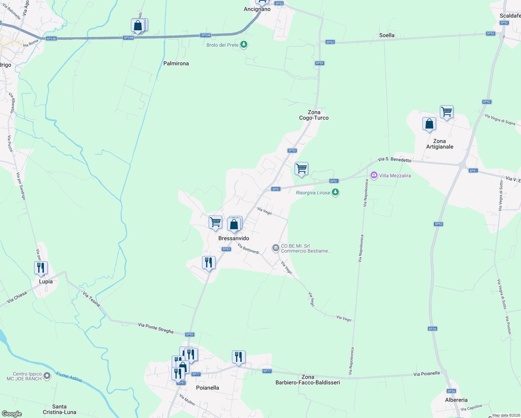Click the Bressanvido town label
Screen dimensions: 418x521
234,238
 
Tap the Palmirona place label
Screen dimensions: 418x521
176,63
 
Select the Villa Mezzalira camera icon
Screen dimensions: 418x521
374,175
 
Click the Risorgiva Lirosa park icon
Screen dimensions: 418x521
335,192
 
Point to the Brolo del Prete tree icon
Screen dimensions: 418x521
244,45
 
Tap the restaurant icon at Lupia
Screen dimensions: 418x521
41,268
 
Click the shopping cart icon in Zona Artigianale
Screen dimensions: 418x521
446,112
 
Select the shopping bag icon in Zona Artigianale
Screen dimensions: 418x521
429,124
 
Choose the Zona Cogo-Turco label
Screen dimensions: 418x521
314,115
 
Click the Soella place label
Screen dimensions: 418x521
387,35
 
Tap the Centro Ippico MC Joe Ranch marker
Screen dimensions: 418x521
48,376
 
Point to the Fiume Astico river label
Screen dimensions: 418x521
69,377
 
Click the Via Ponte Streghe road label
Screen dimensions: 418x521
156,328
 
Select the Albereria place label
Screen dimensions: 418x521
456,400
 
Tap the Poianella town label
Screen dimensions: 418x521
208,388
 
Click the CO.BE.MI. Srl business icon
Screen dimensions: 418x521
275,248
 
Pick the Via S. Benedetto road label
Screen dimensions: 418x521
394,160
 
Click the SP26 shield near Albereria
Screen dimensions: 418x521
451,391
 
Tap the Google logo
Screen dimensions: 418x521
11,413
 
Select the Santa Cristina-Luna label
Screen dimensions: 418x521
60,409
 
